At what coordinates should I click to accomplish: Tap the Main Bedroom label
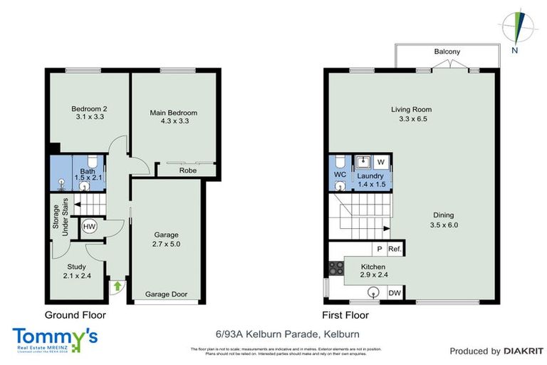pyautogui.click(x=173, y=113)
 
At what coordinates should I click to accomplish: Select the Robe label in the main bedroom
pyautogui.click(x=187, y=171)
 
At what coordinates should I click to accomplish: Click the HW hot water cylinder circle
pyautogui.click(x=89, y=227)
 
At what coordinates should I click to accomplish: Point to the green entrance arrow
pyautogui.click(x=116, y=287)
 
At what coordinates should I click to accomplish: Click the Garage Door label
pyautogui.click(x=167, y=294)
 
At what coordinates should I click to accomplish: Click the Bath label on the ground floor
pyautogui.click(x=88, y=171)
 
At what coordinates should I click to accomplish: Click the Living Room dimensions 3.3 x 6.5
pyautogui.click(x=411, y=120)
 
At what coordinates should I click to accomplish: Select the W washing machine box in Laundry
pyautogui.click(x=380, y=161)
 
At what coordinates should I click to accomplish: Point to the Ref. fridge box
pyautogui.click(x=396, y=250)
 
